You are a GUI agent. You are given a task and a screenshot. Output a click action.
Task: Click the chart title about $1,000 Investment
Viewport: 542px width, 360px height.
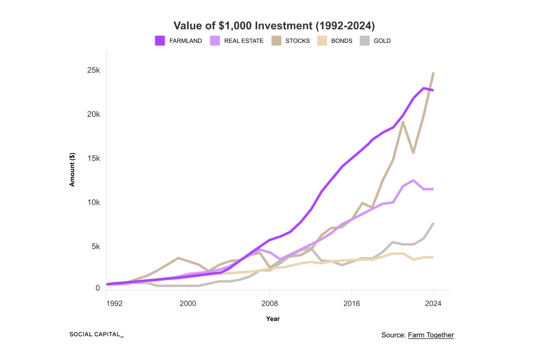coord(274,26)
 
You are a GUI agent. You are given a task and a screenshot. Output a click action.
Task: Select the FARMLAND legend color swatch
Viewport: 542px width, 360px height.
coord(160,41)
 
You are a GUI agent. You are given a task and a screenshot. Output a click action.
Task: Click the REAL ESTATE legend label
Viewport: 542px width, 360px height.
coord(244,41)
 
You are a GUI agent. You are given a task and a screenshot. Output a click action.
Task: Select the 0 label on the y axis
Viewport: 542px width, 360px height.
coord(98,288)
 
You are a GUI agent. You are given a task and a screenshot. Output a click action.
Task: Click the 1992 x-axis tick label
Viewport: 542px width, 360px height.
coord(114,304)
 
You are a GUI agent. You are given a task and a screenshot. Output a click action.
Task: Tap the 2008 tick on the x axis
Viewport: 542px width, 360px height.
coord(270,304)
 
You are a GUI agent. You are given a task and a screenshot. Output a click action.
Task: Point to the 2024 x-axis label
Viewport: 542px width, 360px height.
coord(433,304)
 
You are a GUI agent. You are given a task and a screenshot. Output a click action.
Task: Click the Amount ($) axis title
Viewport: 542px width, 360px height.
coord(72,170)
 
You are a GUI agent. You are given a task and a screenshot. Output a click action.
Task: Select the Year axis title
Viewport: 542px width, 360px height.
coord(273,319)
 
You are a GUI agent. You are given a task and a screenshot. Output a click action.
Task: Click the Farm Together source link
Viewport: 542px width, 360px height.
coord(431,335)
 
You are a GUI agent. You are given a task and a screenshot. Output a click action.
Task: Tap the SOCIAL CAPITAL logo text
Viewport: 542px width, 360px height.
coord(96,334)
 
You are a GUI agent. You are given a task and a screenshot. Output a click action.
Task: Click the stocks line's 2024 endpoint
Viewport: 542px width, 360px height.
coord(433,73)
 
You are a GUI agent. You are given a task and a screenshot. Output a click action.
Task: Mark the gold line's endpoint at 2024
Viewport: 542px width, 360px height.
coord(433,223)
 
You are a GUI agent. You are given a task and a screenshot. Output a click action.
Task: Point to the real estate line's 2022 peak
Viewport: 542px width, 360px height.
coord(414,180)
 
